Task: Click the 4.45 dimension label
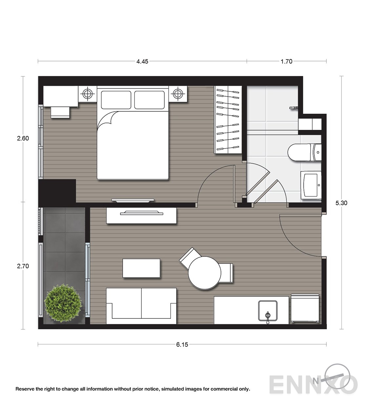tap(142, 61)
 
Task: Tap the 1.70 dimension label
tap(286, 61)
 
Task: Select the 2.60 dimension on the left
tap(23, 138)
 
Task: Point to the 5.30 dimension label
tap(341, 203)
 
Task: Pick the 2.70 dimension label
tap(23, 266)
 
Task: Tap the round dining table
tap(204, 273)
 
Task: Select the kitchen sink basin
tap(268, 311)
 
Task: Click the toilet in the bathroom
tap(304, 152)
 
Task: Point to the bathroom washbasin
tap(311, 185)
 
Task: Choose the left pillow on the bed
tap(116, 100)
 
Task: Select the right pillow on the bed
tap(150, 100)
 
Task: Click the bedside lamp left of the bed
tap(88, 93)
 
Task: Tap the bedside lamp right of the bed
tap(178, 93)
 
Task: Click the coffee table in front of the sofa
tap(141, 268)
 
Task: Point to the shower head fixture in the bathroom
tap(294, 108)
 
